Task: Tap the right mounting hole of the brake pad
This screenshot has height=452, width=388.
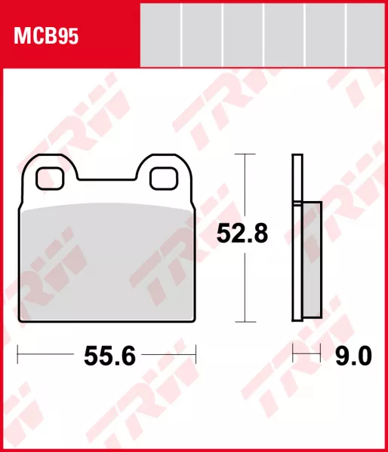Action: (162, 178)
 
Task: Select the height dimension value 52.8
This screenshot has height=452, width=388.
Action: (243, 235)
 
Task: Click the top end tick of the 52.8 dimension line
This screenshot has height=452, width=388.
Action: (243, 154)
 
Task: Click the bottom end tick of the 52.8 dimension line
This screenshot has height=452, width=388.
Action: (243, 321)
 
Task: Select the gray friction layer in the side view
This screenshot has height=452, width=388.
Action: (312, 260)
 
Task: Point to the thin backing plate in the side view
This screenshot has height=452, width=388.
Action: (297, 237)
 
